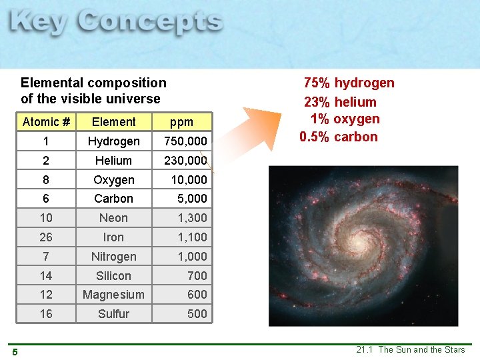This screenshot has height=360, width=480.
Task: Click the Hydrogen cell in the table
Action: [x=113, y=141]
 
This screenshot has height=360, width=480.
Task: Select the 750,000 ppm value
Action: [x=185, y=141]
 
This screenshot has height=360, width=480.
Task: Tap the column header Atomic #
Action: [x=46, y=122]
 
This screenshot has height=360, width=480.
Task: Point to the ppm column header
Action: [x=181, y=122]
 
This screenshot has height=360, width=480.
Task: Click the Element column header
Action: [x=113, y=122]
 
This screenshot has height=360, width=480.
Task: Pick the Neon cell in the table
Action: [x=113, y=218]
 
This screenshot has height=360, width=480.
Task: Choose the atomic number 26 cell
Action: [x=46, y=237]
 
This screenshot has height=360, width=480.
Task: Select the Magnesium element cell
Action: [x=113, y=295]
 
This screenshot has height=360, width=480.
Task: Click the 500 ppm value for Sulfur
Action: [x=197, y=314]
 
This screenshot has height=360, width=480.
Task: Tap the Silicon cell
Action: [x=113, y=276]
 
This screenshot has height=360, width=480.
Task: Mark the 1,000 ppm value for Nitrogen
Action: [x=192, y=257]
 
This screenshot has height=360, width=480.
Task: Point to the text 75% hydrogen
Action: [x=349, y=83]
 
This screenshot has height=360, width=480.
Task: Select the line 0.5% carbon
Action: [x=339, y=137]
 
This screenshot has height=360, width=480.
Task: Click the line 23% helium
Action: [x=340, y=102]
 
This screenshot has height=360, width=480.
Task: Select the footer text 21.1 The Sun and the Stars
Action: [x=410, y=350]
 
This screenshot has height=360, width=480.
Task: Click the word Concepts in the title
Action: [x=149, y=23]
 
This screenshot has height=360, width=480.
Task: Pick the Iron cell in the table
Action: [x=113, y=237]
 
